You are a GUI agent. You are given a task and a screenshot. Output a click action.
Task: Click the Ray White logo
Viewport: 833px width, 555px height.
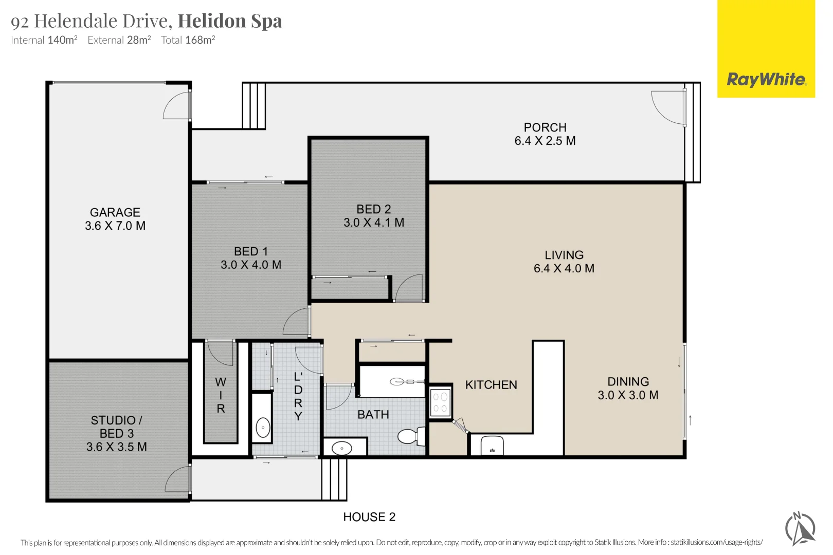[x=766, y=49]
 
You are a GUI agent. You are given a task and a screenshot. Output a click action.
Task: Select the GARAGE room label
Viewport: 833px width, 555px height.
[x=115, y=212]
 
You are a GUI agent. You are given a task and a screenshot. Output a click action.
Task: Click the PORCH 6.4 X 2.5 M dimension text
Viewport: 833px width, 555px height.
[x=545, y=141]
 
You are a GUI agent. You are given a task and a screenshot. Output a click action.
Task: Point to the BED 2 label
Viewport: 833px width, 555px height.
[x=373, y=209]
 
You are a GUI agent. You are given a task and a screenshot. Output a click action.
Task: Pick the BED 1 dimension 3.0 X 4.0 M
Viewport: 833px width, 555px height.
[x=251, y=265]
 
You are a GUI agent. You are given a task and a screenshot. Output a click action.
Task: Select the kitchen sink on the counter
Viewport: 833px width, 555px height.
[x=492, y=446]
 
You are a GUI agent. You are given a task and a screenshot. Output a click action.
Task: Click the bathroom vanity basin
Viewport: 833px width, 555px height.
[x=342, y=448]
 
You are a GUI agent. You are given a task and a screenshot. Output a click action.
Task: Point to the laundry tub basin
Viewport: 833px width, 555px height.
[x=263, y=428]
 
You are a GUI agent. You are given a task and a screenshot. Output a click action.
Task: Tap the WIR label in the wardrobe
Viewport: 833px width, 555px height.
[x=221, y=395]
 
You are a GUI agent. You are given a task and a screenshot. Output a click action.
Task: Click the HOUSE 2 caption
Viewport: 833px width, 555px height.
[x=369, y=516]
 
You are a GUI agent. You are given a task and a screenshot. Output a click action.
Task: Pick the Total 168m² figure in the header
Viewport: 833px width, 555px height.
[x=188, y=40]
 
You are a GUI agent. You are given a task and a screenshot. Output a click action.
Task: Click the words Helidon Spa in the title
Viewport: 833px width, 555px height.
[x=230, y=21]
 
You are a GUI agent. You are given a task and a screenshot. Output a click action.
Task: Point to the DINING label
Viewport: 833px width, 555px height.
[x=628, y=382]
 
